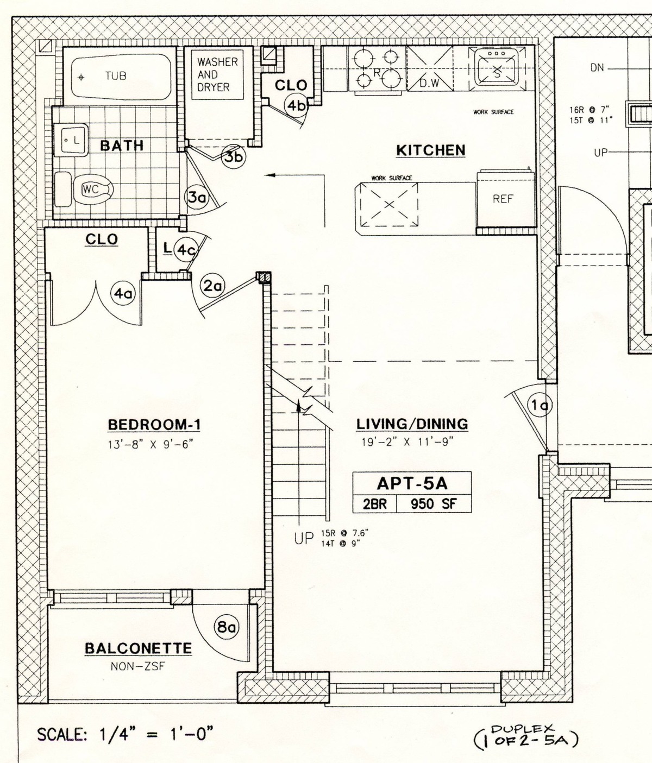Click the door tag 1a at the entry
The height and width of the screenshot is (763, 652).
pos(540,405)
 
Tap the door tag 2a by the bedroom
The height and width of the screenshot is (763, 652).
pos(212,286)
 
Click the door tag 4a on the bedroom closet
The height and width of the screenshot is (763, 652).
pos(122,294)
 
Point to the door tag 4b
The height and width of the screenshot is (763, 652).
pos(297,106)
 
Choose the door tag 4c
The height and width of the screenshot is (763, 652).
pos(186,250)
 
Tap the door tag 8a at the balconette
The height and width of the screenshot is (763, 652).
pos(227,628)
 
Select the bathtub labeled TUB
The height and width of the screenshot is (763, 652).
pos(117,76)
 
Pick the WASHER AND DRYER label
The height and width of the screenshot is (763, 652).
pos(217,74)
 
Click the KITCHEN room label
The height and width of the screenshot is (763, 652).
pos(430,150)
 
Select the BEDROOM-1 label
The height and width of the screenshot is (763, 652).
pos(150,425)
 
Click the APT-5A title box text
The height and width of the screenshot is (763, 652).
pos(412,483)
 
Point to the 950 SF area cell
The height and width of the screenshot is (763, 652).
pos(433,504)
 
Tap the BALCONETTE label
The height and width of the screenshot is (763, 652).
pos(138,648)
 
